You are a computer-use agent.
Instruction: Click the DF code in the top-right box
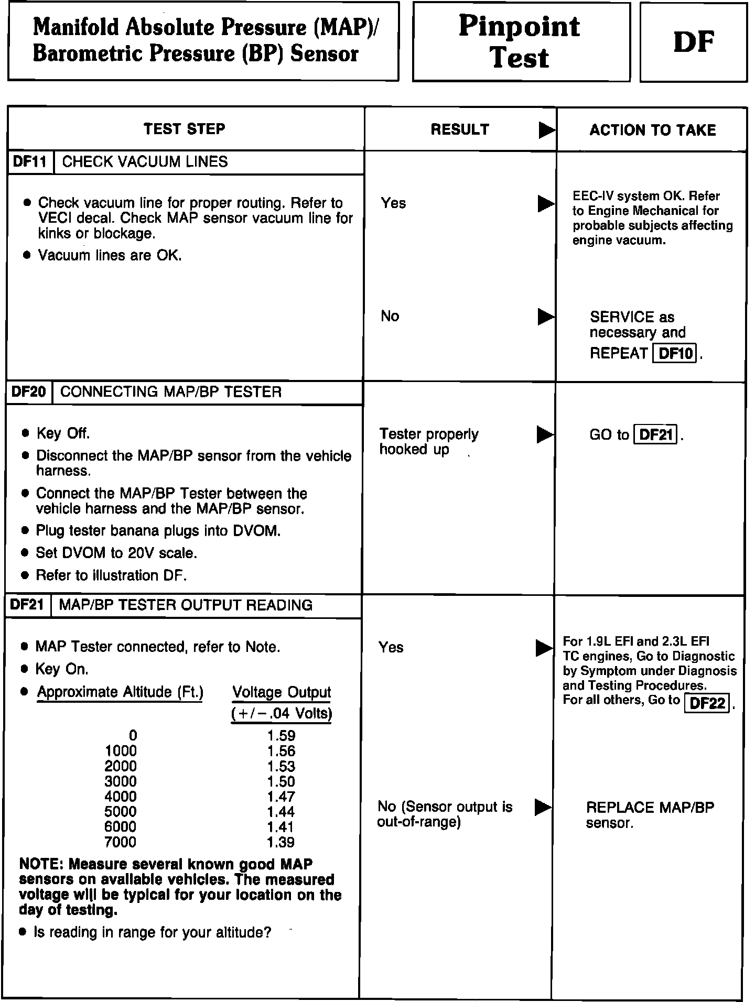[x=693, y=42]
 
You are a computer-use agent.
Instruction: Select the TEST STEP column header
[x=185, y=129]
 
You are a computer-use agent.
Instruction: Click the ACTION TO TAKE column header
[x=652, y=130]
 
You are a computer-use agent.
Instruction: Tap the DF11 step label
[x=30, y=162]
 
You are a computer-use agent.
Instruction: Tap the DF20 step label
[x=29, y=392]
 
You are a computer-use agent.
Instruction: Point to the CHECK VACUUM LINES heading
[x=145, y=162]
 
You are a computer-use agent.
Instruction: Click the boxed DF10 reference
[x=675, y=353]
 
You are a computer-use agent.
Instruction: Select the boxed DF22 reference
[x=707, y=703]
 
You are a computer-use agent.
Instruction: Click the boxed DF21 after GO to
[x=656, y=435]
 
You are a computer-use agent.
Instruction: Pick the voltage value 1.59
[x=281, y=736]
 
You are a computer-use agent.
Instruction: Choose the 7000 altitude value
[x=121, y=842]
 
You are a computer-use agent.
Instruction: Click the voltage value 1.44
[x=281, y=812]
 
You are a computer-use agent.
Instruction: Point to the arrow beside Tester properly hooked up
[x=546, y=435]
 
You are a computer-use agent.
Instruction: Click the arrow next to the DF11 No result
[x=546, y=317]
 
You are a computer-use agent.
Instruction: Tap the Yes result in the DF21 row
[x=391, y=648]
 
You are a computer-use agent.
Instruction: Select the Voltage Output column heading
[x=282, y=693]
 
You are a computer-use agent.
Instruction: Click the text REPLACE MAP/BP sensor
[x=650, y=815]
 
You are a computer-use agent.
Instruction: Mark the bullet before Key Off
[x=25, y=434]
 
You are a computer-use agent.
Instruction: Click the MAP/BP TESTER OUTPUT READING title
[x=186, y=605]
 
